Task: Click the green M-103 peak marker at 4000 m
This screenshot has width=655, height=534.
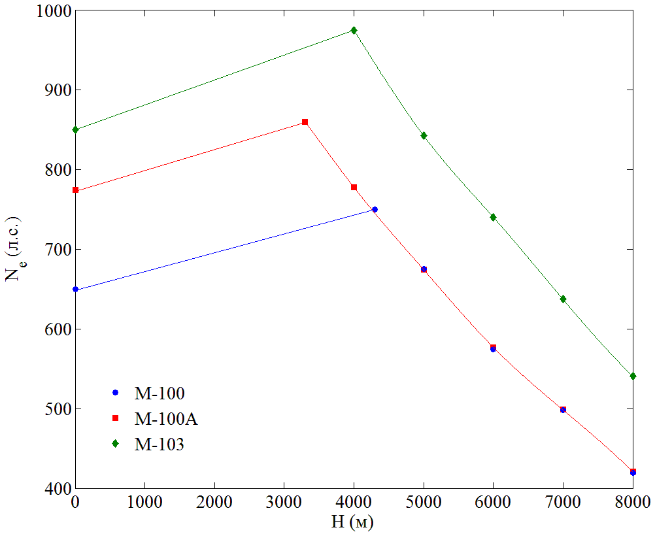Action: click(x=354, y=30)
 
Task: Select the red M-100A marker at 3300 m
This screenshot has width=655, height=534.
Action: click(x=305, y=122)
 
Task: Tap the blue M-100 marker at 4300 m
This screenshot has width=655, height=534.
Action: click(x=375, y=209)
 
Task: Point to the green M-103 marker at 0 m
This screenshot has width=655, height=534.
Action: click(x=75, y=129)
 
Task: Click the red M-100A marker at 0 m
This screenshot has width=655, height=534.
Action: click(x=75, y=190)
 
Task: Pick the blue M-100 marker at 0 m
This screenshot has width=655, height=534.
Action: click(x=75, y=289)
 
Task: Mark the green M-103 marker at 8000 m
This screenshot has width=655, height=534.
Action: click(x=633, y=376)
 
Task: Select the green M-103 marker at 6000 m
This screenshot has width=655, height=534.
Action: click(x=493, y=217)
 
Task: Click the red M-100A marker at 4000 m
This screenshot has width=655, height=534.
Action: click(x=354, y=188)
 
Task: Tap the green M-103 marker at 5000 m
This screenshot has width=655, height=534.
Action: click(x=424, y=135)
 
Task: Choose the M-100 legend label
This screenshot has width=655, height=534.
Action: click(x=160, y=393)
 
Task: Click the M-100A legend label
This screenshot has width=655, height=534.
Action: click(x=166, y=419)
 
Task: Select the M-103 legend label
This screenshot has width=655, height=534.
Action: click(x=160, y=444)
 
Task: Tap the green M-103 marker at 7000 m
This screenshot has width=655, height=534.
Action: click(x=563, y=299)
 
